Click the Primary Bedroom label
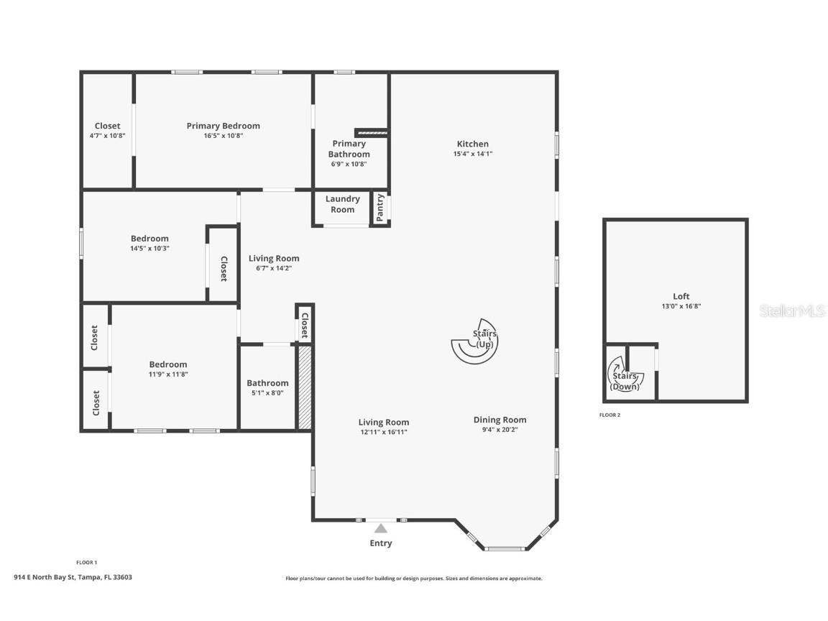point(223,126)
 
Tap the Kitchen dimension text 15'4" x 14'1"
point(473,155)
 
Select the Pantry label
point(379,208)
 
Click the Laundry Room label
point(342,204)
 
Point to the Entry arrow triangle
point(381,528)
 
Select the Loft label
point(681,296)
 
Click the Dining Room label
point(500,420)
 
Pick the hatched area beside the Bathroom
point(305,387)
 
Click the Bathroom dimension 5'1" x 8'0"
point(267,393)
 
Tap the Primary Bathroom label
point(349,149)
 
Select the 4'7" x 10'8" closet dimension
point(107,136)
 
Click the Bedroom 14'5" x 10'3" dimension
point(150,248)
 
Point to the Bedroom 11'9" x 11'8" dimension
point(168,374)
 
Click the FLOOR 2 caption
point(610,415)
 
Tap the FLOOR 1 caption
point(86,562)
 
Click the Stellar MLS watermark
point(792,311)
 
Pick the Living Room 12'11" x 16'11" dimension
point(383,432)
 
